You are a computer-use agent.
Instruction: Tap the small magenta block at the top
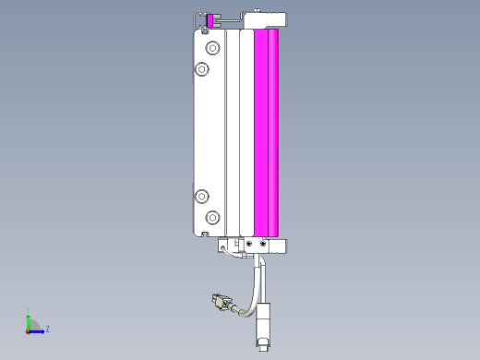(x=210, y=19)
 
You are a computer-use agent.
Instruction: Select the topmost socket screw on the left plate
(x=213, y=47)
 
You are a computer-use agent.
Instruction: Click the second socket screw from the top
(x=201, y=69)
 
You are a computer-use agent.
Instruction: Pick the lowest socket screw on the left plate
(x=213, y=217)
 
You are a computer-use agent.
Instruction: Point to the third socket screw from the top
(x=201, y=195)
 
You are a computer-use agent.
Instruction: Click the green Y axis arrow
(x=28, y=319)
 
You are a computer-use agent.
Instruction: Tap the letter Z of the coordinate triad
(x=47, y=329)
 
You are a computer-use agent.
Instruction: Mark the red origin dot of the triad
(x=28, y=330)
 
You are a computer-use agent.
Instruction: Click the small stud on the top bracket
(x=255, y=9)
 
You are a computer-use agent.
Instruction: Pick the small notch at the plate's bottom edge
(x=203, y=235)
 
